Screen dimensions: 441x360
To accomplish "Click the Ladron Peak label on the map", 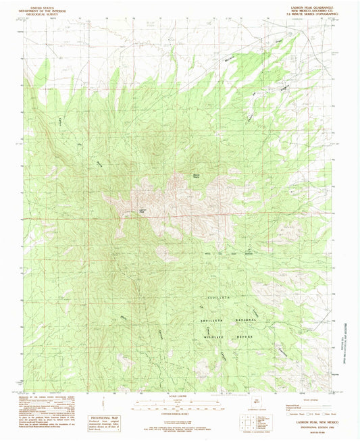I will [x=143, y=211].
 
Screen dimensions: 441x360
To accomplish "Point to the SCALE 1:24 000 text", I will [x=179, y=396].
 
